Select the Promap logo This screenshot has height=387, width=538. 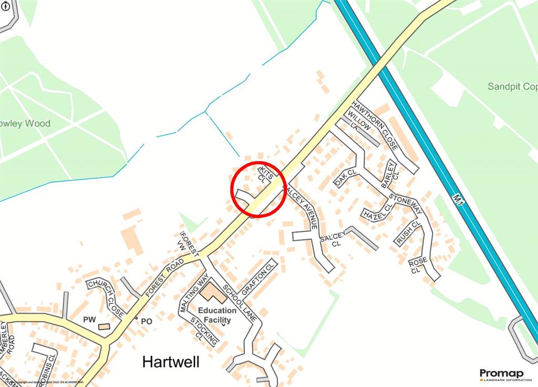(x=498, y=374)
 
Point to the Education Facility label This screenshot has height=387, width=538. (x=221, y=315)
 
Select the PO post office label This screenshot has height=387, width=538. (x=146, y=320)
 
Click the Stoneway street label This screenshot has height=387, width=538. (x=406, y=204)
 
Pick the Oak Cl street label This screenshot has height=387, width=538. (x=345, y=178)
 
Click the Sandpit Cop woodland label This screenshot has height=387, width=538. (x=512, y=86)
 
